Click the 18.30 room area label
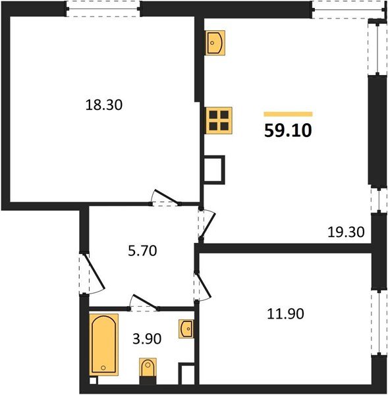click(x=104, y=104)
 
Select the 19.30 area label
click(x=346, y=231)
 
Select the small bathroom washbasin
click(x=186, y=327)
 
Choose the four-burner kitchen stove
click(x=218, y=121)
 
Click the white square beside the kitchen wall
click(x=215, y=170)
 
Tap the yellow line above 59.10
click(x=288, y=114)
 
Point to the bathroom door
click(x=146, y=303)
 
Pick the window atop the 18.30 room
click(x=103, y=9)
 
